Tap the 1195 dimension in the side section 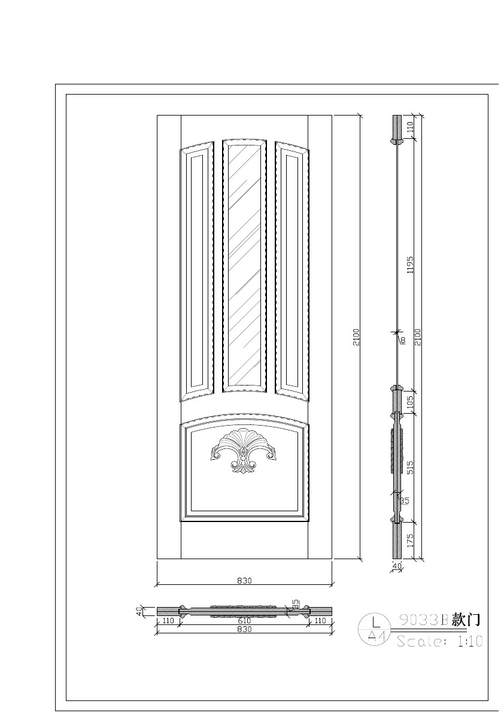410,265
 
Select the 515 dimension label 410,467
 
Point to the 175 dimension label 410,541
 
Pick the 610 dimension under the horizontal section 244,621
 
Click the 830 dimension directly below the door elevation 244,580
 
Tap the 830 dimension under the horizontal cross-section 244,630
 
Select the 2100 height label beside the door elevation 356,337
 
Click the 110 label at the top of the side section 410,127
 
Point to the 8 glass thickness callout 403,340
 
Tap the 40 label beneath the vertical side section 396,566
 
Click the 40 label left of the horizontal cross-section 139,611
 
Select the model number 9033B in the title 423,620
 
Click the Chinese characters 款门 466,620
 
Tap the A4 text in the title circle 376,636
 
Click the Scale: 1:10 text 439,641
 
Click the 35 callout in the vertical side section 405,500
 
